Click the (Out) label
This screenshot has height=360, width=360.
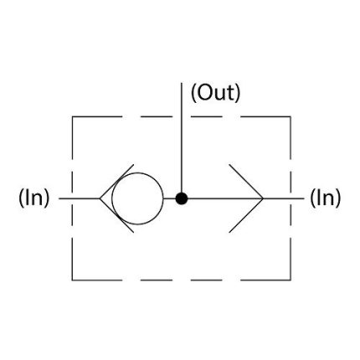tap(215, 93)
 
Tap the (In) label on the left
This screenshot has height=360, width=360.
tap(33, 198)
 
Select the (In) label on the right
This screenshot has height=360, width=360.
tap(326, 198)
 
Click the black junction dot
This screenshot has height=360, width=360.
tap(182, 198)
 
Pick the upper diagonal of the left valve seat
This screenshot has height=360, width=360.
tap(116, 182)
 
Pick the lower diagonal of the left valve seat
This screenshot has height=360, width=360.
tap(116, 215)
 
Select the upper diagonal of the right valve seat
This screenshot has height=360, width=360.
tap(246, 182)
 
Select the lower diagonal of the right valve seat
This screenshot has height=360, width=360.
tap(246, 215)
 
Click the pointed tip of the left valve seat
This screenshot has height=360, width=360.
tap(100, 198)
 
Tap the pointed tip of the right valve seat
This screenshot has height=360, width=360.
tap(263, 198)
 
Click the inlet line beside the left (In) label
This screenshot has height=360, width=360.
tap(80, 198)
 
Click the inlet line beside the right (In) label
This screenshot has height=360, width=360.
tap(284, 198)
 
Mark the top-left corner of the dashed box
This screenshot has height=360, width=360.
tap(73, 116)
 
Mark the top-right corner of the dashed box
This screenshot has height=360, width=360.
tap(291, 116)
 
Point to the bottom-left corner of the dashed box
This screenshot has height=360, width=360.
tap(73, 280)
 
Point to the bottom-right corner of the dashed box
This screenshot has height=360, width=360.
tap(291, 280)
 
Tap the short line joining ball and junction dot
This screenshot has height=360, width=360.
tap(169, 198)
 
